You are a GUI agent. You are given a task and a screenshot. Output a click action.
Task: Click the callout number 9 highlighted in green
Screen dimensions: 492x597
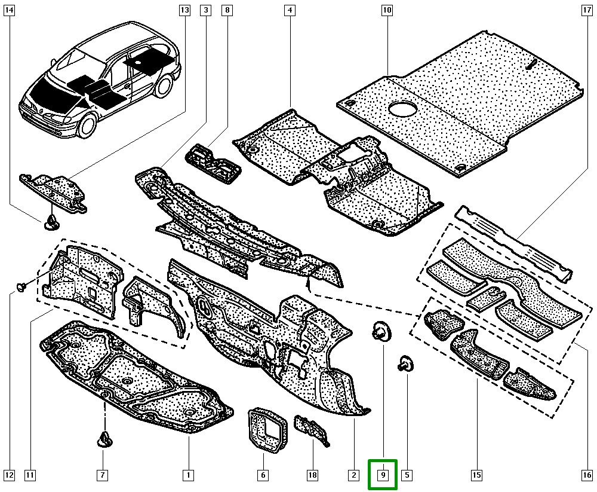[383, 475]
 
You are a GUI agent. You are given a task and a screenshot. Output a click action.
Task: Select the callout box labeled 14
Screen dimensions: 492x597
[9, 10]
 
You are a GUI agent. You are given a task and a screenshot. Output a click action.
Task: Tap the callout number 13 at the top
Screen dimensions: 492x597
[184, 10]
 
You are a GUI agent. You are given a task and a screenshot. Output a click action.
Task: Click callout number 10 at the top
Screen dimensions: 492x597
[386, 10]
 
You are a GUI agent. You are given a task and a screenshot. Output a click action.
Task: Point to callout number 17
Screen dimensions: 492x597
[587, 10]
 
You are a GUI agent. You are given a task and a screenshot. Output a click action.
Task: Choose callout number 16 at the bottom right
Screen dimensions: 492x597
[587, 475]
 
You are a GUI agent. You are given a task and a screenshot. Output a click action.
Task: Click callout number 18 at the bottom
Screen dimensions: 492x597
[312, 475]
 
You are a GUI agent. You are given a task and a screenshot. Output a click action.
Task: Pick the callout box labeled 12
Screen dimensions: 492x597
[9, 475]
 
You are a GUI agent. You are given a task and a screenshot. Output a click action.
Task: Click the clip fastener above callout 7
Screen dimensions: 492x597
[102, 441]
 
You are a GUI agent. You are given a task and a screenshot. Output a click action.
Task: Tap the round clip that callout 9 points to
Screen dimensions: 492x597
[380, 331]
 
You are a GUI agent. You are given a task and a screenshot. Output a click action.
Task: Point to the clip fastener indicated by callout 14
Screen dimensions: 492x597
[50, 223]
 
